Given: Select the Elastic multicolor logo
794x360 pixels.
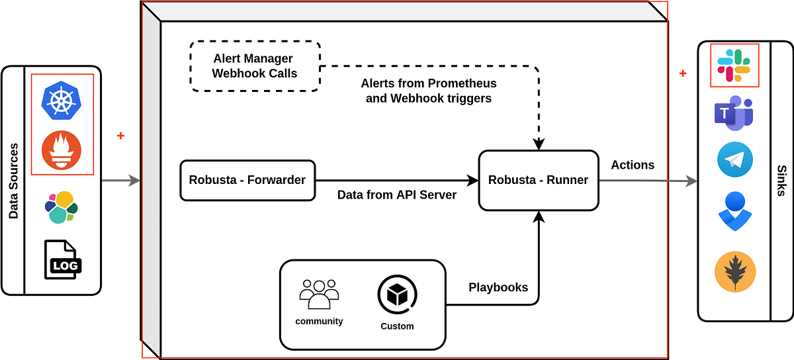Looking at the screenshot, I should (x=61, y=206).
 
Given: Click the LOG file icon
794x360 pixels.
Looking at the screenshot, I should (x=61, y=259).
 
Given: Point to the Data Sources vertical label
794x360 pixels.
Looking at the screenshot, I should (x=13, y=181).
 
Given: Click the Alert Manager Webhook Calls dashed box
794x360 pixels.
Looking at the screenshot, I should (x=255, y=66).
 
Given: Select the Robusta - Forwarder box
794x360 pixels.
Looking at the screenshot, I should (x=247, y=179).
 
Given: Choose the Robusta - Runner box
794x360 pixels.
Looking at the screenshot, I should (x=538, y=180).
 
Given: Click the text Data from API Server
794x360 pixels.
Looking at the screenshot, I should (x=396, y=195).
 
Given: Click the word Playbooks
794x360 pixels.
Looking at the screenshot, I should (x=498, y=287).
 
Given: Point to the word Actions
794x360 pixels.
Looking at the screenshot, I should (x=633, y=165).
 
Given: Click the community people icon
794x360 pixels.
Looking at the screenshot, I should (x=319, y=294).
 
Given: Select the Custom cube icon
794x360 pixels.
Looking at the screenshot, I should (x=397, y=295).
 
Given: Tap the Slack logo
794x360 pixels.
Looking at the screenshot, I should (x=734, y=66).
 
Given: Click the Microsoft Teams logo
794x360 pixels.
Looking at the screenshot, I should (x=733, y=113).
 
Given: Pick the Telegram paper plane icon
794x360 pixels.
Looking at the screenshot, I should (x=734, y=160).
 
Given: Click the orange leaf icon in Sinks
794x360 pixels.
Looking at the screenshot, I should (x=735, y=271).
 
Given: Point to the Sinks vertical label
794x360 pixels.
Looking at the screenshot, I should (x=781, y=181).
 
